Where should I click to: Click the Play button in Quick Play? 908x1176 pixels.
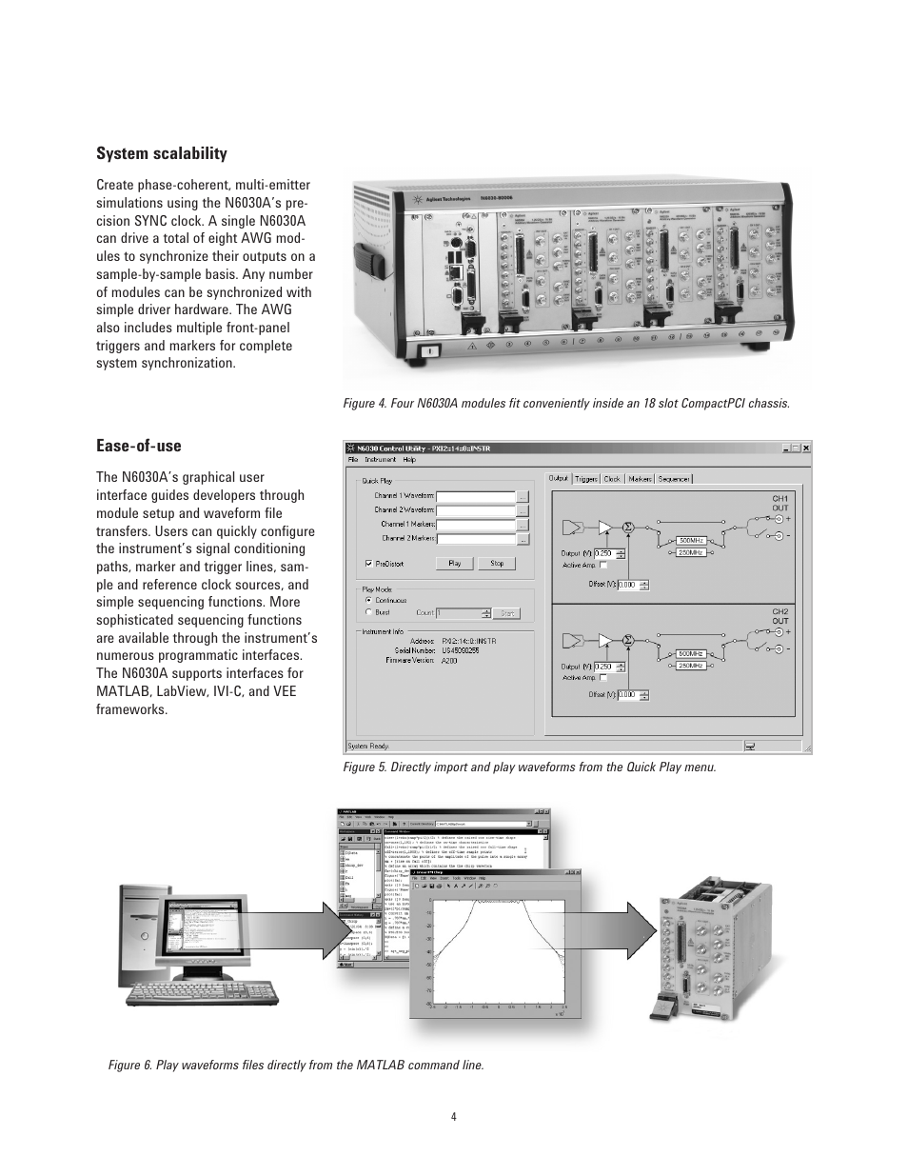click(454, 564)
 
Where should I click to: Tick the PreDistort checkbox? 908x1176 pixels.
click(369, 564)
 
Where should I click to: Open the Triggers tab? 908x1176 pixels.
click(586, 479)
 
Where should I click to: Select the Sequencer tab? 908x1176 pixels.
click(674, 479)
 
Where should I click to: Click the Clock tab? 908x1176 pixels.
click(612, 479)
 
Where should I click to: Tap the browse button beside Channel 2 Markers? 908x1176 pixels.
click(523, 539)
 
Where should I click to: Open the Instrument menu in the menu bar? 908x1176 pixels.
click(381, 460)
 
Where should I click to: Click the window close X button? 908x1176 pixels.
click(806, 447)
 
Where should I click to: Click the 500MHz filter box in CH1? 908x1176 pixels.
click(691, 540)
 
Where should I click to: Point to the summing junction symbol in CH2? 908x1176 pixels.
click(628, 639)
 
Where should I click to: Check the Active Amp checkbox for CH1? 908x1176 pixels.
click(602, 565)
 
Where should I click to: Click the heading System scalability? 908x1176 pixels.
click(162, 153)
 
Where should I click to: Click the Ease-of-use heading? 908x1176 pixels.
click(138, 446)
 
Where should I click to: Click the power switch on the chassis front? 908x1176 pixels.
click(427, 351)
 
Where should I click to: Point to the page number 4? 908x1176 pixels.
click(454, 1117)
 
